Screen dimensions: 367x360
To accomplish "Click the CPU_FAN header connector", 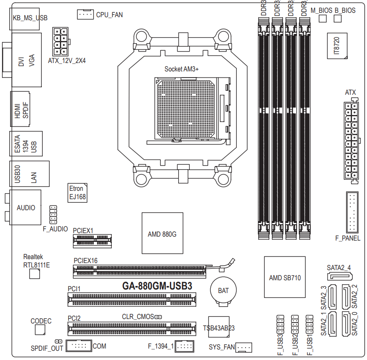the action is click(85, 14).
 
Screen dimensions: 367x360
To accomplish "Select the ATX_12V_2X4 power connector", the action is click(61, 41).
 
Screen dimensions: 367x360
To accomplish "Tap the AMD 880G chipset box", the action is click(162, 233).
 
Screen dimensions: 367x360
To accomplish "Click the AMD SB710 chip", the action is click(285, 277).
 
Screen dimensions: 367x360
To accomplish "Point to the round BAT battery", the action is click(223, 291).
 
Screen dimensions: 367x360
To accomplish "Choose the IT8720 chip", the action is click(337, 46).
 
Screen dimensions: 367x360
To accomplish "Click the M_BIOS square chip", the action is click(323, 19).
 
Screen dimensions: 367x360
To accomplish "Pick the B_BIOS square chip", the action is click(338, 19).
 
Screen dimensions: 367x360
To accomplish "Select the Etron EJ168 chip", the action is click(77, 193).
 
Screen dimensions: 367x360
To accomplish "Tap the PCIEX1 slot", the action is click(92, 241).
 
